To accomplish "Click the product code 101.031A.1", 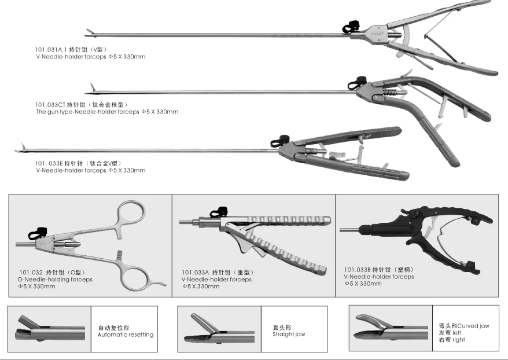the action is click(51, 50).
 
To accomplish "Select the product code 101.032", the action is click(30, 272).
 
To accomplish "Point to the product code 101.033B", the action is click(357, 270).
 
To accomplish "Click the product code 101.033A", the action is click(195, 272).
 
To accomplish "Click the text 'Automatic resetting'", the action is click(126, 335).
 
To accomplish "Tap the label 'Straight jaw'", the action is click(289, 334).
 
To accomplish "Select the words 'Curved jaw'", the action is click(474, 326).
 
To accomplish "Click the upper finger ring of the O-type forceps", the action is click(131, 214).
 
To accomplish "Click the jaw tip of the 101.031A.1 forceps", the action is click(88, 32).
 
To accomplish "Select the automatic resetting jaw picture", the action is click(49, 329).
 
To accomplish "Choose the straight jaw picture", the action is click(219, 329).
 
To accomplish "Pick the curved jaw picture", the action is click(392, 327).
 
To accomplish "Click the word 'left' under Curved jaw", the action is click(457, 333).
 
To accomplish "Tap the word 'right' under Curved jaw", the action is click(459, 340).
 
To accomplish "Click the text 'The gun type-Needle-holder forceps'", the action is click(87, 112).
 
